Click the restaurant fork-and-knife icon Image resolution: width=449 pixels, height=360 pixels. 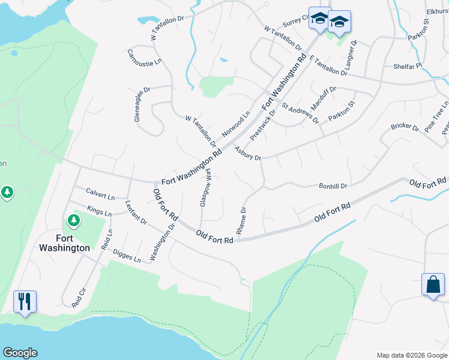pyautogui.click(x=25, y=301)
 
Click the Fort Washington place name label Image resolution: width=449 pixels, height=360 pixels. pyautogui.click(x=65, y=242)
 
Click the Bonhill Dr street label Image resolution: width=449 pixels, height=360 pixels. pyautogui.click(x=333, y=187)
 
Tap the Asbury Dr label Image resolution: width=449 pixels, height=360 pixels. pyautogui.click(x=248, y=154)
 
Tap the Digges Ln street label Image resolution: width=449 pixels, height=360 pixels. pyautogui.click(x=127, y=256)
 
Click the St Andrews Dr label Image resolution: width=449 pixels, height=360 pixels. pyautogui.click(x=301, y=110)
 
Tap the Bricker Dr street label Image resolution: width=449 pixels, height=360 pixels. pyautogui.click(x=405, y=127)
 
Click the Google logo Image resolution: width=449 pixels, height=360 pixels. pyautogui.click(x=20, y=353)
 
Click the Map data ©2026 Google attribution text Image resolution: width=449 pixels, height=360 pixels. pyautogui.click(x=411, y=355)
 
